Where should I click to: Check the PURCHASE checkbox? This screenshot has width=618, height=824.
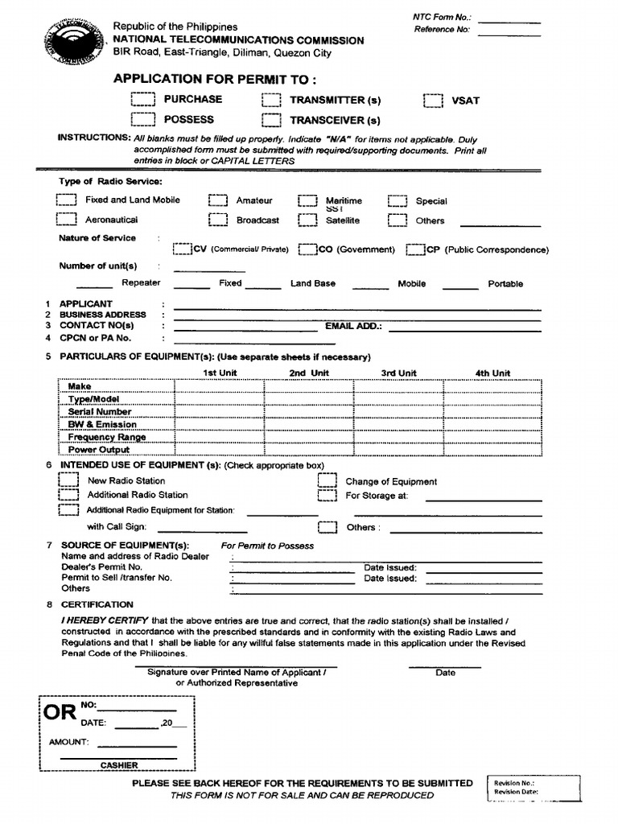tap(142, 100)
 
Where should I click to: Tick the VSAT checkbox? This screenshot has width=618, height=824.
tap(433, 101)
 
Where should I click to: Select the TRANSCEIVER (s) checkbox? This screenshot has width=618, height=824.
tap(271, 121)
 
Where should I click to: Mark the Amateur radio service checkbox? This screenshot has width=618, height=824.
tap(217, 201)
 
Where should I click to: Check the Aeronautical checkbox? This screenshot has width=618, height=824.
tap(66, 220)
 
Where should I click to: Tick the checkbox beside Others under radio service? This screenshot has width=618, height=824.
tap(398, 220)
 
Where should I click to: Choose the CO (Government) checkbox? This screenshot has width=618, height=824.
tap(307, 249)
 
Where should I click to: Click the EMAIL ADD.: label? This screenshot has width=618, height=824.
tap(353, 327)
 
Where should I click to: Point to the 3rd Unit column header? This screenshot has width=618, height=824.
tap(398, 373)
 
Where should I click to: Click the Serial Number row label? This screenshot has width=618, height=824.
tap(100, 411)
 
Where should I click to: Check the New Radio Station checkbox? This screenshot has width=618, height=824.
tap(68, 481)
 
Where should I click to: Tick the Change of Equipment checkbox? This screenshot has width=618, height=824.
tap(326, 481)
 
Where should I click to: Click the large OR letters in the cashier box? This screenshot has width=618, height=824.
tap(60, 712)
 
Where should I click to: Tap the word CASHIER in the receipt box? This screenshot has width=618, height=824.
tap(119, 765)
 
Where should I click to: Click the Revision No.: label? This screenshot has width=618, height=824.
tap(514, 782)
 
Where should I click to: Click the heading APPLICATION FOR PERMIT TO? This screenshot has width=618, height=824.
tap(215, 79)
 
